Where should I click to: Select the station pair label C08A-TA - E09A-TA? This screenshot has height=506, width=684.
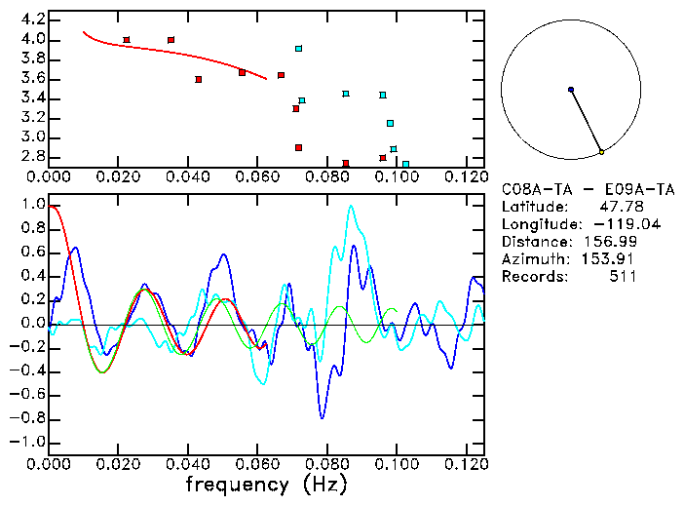tap(588, 189)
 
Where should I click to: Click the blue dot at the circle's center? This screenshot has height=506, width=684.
tap(571, 90)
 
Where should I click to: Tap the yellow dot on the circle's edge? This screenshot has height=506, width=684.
tap(602, 152)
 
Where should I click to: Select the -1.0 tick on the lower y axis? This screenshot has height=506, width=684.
tap(30, 442)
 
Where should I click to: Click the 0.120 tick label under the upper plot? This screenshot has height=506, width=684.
tap(466, 177)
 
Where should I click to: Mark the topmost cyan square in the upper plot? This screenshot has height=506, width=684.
tap(299, 48)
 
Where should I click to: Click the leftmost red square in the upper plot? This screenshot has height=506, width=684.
tap(127, 40)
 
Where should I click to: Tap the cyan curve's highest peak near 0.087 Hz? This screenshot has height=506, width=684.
tap(351, 206)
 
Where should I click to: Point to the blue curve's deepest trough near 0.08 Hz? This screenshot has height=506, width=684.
tap(322, 417)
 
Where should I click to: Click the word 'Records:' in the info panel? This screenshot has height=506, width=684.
tap(533, 277)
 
